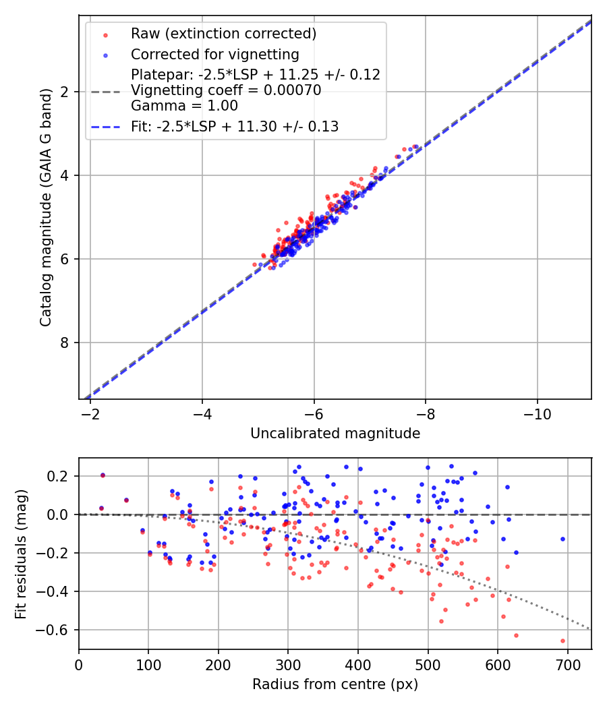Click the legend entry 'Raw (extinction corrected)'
point(223,34)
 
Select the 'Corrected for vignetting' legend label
point(214,54)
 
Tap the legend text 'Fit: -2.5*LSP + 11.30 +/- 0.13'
point(235,126)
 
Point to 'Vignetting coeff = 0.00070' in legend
point(226,90)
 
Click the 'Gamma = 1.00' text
point(184,106)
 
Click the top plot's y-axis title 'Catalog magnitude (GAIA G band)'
point(46,206)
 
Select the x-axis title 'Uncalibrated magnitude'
point(335,434)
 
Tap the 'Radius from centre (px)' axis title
point(335,684)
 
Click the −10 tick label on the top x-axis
point(537,413)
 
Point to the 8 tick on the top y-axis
point(66,343)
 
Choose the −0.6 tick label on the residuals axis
point(57,630)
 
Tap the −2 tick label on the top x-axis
point(90,413)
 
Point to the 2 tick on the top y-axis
point(66,92)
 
